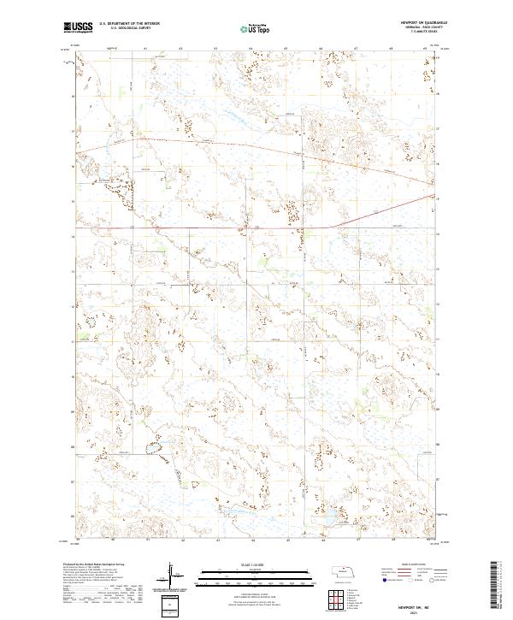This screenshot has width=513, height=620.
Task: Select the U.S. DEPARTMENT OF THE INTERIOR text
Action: click(x=129, y=24)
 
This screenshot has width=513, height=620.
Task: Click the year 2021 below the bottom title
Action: click(x=418, y=608)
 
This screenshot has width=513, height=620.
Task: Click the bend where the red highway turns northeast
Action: click(x=331, y=227)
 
